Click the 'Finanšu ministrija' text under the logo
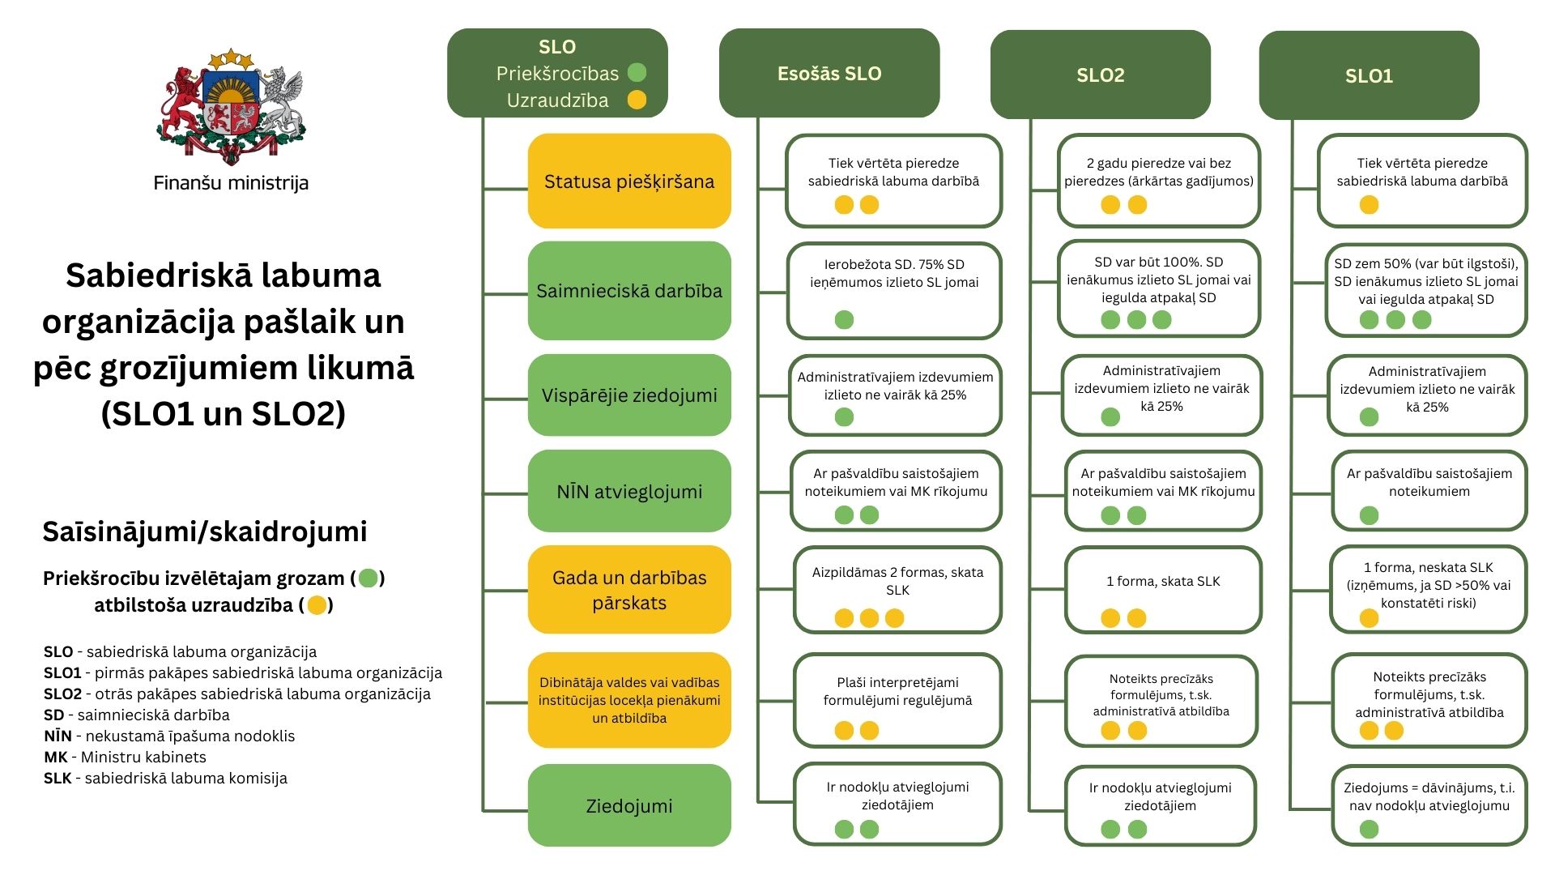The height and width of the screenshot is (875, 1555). point(231,183)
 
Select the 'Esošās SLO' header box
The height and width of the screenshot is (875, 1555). point(829,73)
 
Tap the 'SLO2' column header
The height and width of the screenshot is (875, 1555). point(1101,75)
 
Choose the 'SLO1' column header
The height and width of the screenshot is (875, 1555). point(1369,75)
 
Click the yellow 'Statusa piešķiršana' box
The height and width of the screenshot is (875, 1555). point(629,181)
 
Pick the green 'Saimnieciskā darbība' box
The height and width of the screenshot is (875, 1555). point(629,291)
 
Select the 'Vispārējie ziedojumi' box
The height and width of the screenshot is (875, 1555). point(629,395)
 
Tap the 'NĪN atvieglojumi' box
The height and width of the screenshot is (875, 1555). point(629,492)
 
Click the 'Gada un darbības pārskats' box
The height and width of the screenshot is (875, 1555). point(629,590)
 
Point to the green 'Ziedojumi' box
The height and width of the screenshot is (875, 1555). point(629,806)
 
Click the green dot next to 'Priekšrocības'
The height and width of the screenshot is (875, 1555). point(637,73)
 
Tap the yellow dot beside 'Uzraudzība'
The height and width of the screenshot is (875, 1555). point(637,100)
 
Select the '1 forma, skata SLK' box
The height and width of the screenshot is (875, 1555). point(1163,589)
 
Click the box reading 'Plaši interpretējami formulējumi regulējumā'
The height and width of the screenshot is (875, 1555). point(897,700)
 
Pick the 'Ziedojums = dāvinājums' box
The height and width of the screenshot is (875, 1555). point(1429,805)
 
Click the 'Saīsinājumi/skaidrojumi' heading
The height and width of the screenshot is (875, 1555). point(205,531)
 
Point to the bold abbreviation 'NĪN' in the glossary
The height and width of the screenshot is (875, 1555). point(58,736)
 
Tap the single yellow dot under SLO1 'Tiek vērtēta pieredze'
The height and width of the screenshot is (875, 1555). point(1369,205)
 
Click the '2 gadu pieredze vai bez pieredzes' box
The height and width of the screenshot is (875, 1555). point(1159,181)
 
